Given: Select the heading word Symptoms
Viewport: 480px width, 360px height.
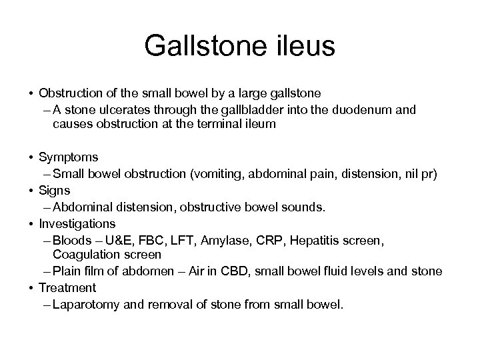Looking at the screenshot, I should tap(69, 158).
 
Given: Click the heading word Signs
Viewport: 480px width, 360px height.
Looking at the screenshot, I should tap(55, 191).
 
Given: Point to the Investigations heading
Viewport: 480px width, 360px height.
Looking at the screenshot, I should tap(77, 223).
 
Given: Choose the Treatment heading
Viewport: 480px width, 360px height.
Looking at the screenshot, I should tap(67, 288).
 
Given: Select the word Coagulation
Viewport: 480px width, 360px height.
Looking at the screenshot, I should tap(85, 255).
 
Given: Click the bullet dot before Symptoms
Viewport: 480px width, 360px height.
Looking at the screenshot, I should tap(31, 158).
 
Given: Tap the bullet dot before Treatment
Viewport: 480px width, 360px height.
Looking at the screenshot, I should tap(31, 288).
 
